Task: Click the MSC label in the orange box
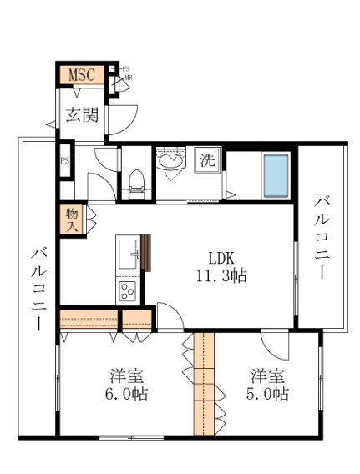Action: click(x=81, y=75)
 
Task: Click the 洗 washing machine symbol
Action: click(x=206, y=160)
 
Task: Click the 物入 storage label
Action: click(x=73, y=219)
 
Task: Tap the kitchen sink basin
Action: click(x=129, y=251)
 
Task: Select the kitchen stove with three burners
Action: click(x=128, y=291)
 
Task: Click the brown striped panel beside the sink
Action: click(x=145, y=252)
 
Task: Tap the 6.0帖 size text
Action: click(x=124, y=394)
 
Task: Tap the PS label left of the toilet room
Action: click(x=64, y=161)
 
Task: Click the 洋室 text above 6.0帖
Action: click(x=124, y=374)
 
